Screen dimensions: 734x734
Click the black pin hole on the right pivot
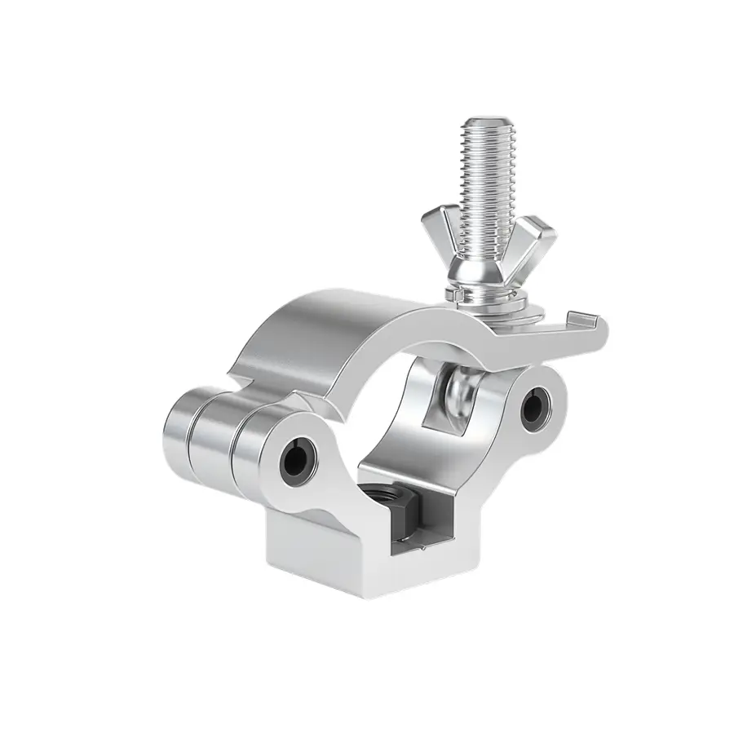[x=537, y=401]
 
